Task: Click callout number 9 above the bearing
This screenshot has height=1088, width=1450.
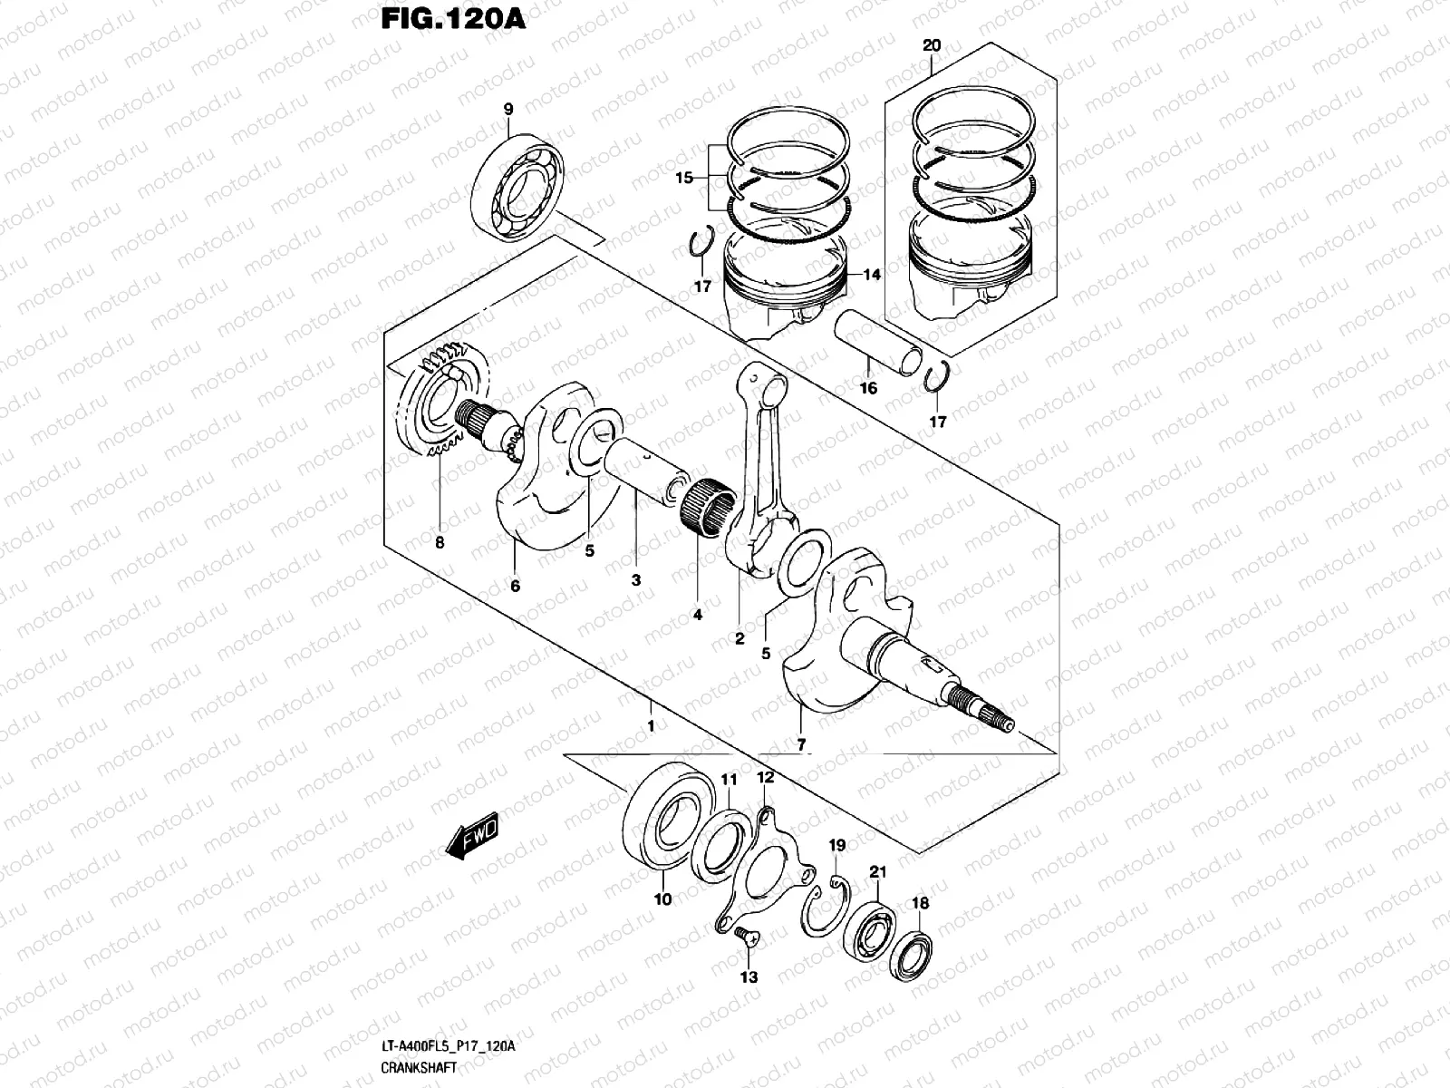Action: [508, 110]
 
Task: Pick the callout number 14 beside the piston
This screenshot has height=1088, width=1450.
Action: [872, 274]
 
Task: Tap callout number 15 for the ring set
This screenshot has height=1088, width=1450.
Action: [684, 178]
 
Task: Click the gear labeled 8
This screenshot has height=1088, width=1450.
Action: [444, 403]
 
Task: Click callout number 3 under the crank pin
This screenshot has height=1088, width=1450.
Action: [636, 579]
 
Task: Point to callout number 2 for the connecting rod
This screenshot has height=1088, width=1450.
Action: [739, 638]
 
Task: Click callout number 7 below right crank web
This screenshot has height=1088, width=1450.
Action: [801, 745]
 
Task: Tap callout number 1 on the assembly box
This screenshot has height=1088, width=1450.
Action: [650, 726]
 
